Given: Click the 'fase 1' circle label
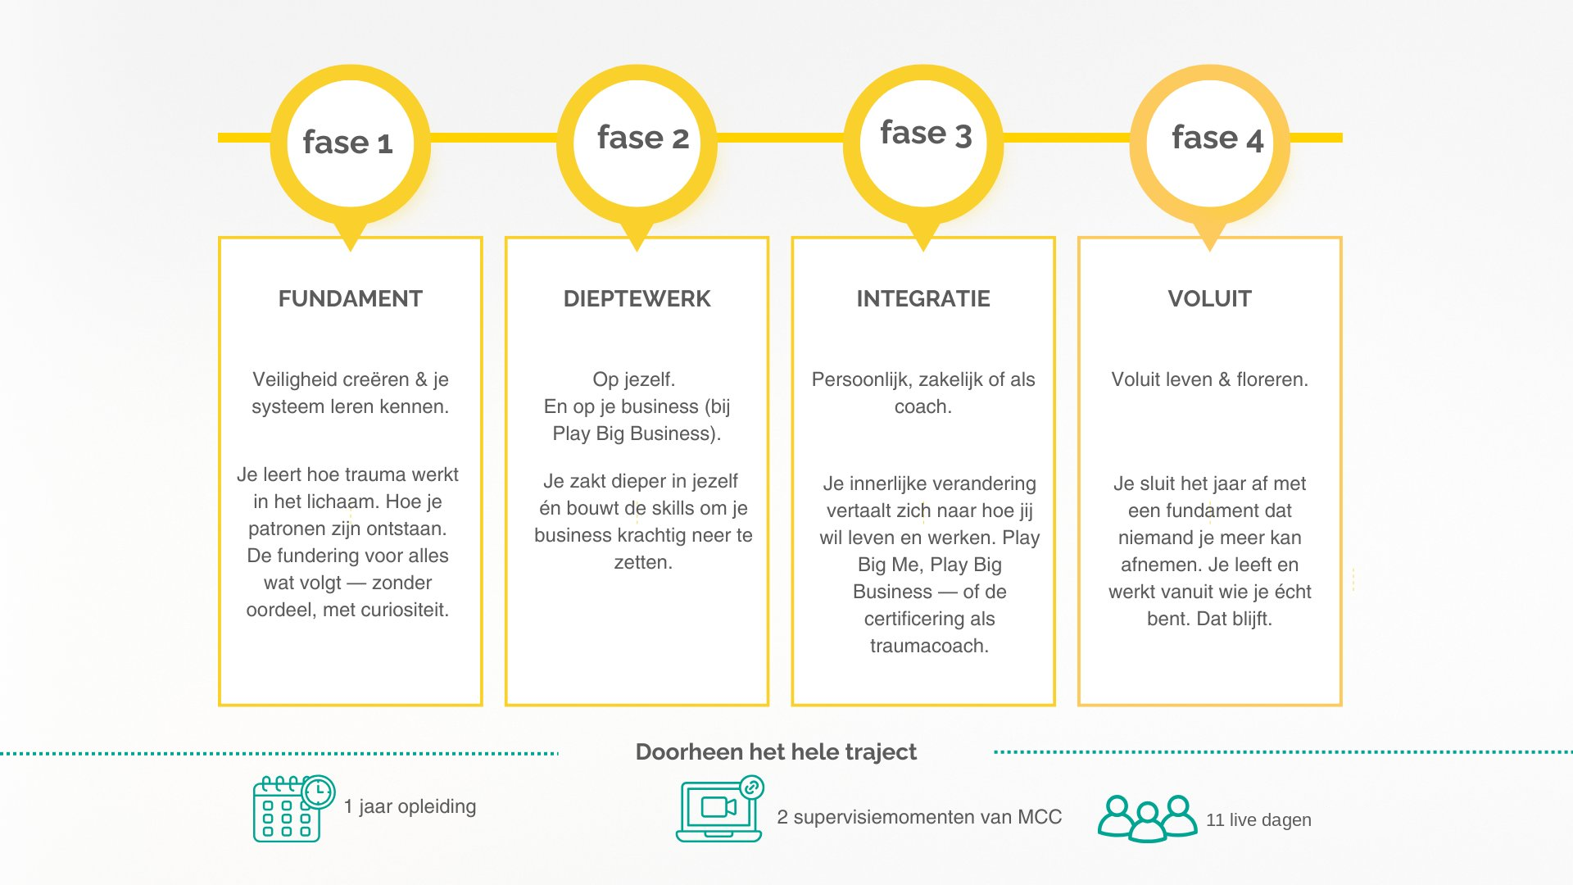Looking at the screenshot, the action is tap(348, 143).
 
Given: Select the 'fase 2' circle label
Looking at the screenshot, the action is tap(643, 138).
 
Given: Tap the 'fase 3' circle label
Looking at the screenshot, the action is tap(926, 134).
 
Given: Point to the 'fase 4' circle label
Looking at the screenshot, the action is tap(1217, 138).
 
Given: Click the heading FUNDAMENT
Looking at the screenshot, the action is tap(351, 298).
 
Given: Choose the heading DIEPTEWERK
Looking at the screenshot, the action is tap(637, 298).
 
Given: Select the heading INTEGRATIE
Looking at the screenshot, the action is tap(923, 298).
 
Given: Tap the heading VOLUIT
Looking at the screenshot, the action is tap(1210, 298).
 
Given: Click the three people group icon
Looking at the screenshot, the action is tap(1147, 818).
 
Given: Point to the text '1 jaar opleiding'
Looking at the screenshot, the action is tap(410, 806).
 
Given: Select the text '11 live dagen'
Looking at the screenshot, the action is tap(1258, 819).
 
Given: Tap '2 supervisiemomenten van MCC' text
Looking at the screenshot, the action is tap(919, 817).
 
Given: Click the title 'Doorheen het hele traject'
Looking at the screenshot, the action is tap(776, 751).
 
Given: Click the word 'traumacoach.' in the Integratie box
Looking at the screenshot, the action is tap(929, 646).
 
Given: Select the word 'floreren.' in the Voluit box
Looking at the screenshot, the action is tap(1272, 379).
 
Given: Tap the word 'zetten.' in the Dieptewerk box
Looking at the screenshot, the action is tap(643, 562).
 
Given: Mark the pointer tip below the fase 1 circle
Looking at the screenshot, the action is tap(350, 251).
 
